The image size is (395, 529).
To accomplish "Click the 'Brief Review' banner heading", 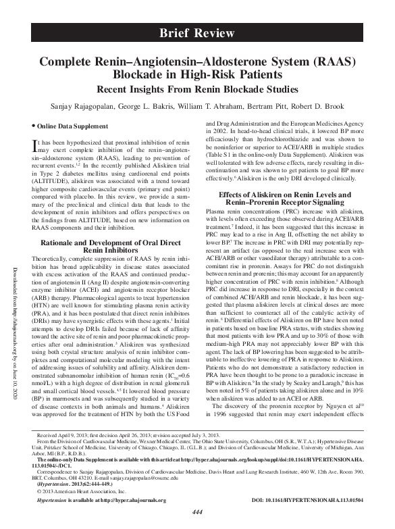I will [197, 33].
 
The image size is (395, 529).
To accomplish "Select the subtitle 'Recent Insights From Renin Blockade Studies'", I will [197, 90].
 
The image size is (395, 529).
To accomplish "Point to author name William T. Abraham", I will [217, 107].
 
